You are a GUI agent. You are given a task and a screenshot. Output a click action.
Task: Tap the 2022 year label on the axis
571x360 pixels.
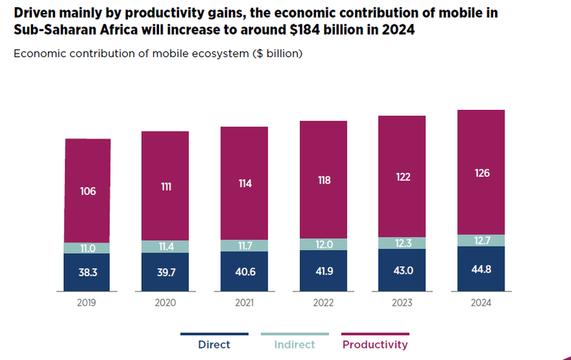(x=324, y=304)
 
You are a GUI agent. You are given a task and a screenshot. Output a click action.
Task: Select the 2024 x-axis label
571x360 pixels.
(x=481, y=304)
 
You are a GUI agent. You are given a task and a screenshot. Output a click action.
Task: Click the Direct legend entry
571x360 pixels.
(x=214, y=345)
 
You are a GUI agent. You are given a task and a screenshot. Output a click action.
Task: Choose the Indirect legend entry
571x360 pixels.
(x=294, y=345)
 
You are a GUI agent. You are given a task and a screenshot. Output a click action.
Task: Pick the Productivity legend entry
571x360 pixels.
(x=374, y=345)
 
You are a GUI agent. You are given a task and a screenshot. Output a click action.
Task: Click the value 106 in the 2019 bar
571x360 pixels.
(x=88, y=192)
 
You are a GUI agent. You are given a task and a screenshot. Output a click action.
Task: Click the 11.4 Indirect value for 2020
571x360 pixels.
(x=166, y=247)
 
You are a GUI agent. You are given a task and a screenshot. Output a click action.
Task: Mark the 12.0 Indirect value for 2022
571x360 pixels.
(x=324, y=244)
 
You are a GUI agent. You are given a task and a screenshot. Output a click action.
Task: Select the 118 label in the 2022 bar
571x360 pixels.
(x=324, y=180)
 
